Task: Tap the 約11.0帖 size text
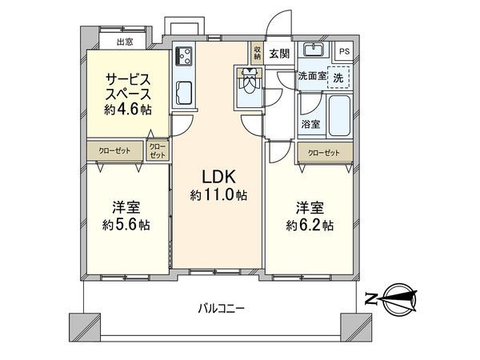[218, 194]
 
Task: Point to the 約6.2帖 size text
[311, 226]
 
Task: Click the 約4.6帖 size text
[128, 110]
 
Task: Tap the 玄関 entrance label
[279, 54]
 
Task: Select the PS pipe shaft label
[344, 52]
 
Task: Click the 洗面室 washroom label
[312, 77]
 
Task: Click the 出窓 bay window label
[125, 42]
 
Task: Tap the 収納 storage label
[258, 54]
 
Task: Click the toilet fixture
[249, 81]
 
